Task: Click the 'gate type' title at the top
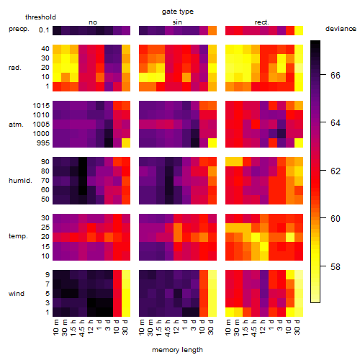178,12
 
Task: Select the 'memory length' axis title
177,350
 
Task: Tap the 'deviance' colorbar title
341,29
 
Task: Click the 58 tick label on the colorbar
336,266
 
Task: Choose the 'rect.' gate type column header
261,22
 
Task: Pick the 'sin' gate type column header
177,22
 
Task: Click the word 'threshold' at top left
40,17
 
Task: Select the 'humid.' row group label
20,181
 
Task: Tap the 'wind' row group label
17,294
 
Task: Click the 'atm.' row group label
16,125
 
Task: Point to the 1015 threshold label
41,106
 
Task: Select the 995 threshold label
43,143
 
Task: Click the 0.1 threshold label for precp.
44,30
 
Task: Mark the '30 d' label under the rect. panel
297,327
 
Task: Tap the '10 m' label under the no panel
55,327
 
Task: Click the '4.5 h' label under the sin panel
168,328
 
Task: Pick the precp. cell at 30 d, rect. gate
299,30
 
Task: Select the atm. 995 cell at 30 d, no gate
126,143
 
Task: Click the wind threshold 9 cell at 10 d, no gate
117,275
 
